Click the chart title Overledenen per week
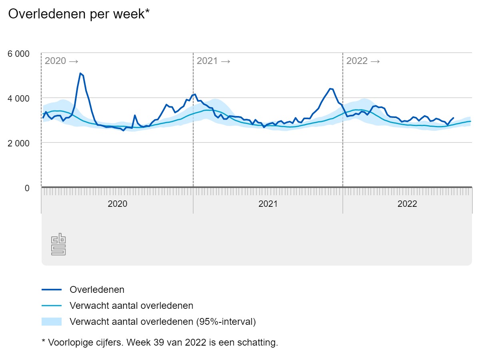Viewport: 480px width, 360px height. (x=79, y=14)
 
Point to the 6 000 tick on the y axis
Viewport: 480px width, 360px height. (x=19, y=54)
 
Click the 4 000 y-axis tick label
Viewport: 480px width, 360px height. (x=19, y=98)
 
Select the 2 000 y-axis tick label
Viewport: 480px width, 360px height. (x=19, y=143)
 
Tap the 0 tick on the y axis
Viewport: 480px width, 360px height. (x=27, y=188)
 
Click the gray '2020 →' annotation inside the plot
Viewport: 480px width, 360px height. (x=61, y=61)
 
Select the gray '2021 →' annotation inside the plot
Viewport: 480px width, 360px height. (x=213, y=61)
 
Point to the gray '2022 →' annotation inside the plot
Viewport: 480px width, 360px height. (x=363, y=61)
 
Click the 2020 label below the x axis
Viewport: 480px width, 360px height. (x=118, y=204)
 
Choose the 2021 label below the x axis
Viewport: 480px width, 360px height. (x=268, y=204)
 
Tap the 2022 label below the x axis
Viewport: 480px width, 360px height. (x=407, y=204)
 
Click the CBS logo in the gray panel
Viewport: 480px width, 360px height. (x=58, y=244)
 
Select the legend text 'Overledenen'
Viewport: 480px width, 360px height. (x=97, y=289)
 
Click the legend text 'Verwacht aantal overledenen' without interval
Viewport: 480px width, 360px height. (x=131, y=306)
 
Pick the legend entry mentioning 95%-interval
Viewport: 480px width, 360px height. (x=162, y=322)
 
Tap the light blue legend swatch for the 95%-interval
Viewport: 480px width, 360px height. (x=52, y=322)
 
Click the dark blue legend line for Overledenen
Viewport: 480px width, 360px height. (x=52, y=289)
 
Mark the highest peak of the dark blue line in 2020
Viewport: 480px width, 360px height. (x=80, y=73)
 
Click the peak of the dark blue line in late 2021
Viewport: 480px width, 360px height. (x=330, y=89)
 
